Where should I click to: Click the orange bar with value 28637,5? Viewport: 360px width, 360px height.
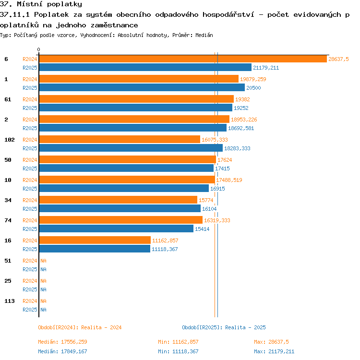click(183, 59)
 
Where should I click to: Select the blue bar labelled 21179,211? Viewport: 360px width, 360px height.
click(145, 67)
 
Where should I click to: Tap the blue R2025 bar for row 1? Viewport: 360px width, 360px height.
click(142, 87)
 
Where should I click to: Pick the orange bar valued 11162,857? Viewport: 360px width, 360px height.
click(95, 240)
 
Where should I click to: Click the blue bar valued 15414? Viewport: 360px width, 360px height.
click(116, 228)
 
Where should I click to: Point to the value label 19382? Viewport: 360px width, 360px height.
click(242, 99)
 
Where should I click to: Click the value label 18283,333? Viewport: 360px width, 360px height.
click(237, 148)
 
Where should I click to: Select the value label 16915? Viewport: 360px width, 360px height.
click(217, 189)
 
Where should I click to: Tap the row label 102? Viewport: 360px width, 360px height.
click(10, 140)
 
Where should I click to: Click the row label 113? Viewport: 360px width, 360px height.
click(10, 301)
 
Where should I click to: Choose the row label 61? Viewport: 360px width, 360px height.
click(8, 99)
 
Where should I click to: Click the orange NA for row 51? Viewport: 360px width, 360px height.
click(43, 261)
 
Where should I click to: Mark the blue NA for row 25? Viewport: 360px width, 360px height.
click(43, 289)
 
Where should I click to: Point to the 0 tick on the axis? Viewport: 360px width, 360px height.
click(38, 49)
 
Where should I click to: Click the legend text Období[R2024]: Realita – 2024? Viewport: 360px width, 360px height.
click(80, 327)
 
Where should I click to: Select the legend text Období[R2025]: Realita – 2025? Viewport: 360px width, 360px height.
click(224, 327)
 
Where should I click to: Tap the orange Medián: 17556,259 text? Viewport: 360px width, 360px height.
click(62, 342)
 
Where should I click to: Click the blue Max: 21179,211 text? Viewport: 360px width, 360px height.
click(274, 351)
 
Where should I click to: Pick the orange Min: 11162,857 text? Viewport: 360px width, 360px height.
click(178, 342)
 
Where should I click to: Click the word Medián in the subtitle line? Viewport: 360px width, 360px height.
click(204, 35)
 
